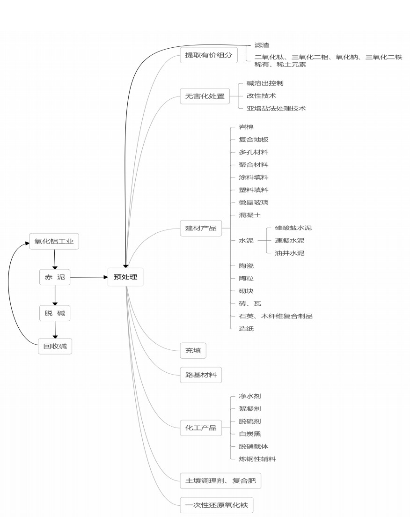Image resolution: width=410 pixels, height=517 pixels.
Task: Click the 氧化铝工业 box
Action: click(54, 242)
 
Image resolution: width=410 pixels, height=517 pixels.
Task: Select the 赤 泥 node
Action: click(55, 277)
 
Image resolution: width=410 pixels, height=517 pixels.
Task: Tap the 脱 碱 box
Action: click(55, 313)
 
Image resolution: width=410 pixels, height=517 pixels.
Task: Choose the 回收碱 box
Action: click(55, 347)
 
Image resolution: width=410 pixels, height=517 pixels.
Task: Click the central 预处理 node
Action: click(125, 277)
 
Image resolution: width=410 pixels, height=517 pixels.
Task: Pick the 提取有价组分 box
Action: click(208, 55)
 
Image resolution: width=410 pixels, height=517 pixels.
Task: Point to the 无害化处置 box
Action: click(205, 96)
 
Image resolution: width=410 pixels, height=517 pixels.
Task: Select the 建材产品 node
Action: click(201, 228)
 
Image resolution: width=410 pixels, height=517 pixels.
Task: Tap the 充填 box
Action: click(193, 350)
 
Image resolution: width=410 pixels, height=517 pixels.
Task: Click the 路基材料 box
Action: click(201, 375)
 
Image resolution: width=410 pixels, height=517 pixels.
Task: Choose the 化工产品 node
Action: click(201, 428)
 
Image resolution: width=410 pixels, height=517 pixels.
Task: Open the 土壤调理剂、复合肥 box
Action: click(220, 481)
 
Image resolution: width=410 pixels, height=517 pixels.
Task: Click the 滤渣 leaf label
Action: click(262, 45)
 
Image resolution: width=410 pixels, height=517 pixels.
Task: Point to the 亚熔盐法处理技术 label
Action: click(276, 108)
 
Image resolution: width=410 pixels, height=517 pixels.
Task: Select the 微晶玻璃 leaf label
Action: click(253, 202)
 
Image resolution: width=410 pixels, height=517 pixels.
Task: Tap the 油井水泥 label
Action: click(289, 253)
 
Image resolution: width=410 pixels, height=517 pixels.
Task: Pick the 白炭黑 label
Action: click(249, 434)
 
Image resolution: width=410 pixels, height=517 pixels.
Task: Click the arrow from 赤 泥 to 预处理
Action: click(89, 277)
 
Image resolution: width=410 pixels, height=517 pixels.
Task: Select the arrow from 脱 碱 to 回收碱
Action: click(55, 330)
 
